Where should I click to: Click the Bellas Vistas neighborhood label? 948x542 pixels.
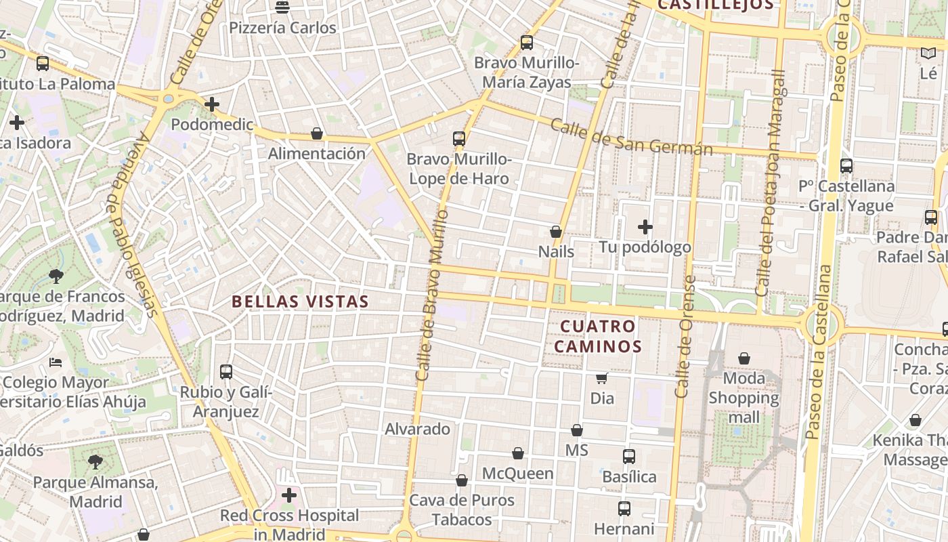coord(300,301)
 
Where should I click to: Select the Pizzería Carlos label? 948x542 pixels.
coord(282,28)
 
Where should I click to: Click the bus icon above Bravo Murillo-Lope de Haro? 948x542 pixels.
coord(459,139)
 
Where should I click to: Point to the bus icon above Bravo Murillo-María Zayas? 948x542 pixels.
coord(527,43)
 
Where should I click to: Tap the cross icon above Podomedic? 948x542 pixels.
coord(212,104)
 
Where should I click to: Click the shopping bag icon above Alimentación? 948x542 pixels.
coord(316,133)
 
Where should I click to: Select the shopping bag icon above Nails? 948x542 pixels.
coord(556,232)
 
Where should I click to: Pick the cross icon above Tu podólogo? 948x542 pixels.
coord(645,226)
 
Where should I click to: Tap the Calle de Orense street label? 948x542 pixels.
coord(686,337)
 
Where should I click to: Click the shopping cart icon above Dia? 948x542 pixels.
coord(601,378)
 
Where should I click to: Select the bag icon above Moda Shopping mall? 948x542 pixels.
coord(744,358)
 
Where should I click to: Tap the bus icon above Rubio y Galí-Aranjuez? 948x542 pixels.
coord(226,371)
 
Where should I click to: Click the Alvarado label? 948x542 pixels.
coord(417,429)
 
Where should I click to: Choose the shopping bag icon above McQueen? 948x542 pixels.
coord(518,453)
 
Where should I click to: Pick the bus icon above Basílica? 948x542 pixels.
coord(629,456)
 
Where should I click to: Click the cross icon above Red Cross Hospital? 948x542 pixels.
coord(289,495)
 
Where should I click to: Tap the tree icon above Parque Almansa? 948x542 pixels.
coord(95,462)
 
